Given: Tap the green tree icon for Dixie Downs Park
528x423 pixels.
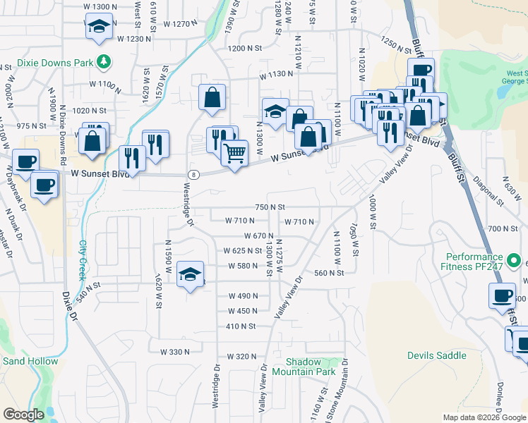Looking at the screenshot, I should tap(104, 61).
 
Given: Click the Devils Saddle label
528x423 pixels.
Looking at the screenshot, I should tap(437, 355).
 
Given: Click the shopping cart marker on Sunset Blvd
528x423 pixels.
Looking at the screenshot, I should tap(234, 152).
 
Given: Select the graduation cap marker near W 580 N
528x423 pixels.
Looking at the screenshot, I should tap(189, 274).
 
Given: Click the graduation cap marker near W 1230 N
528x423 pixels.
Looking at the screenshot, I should tap(99, 27).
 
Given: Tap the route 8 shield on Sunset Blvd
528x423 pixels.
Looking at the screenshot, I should tap(192, 174).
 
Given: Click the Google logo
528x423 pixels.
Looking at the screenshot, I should tap(24, 415).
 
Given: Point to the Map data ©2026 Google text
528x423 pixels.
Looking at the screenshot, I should tap(484, 417).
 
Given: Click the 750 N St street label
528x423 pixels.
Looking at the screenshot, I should tap(270, 207).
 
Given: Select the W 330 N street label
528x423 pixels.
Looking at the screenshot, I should tap(176, 351).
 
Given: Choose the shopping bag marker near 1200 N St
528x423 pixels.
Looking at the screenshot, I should tap(212, 97).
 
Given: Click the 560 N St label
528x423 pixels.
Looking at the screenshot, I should tap(329, 273).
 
